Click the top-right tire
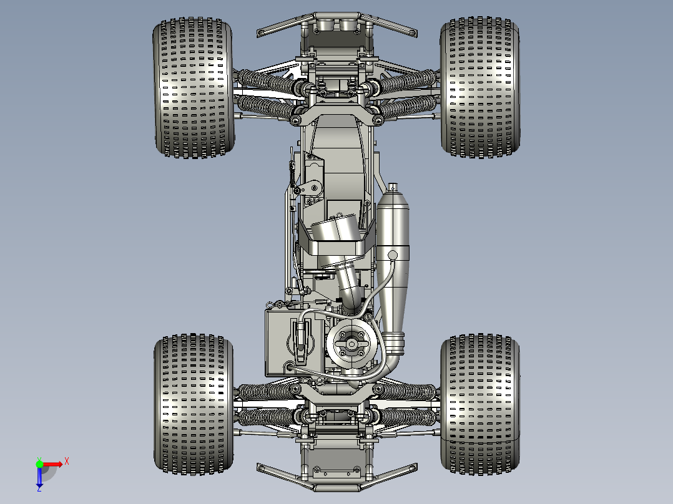coord(480,87)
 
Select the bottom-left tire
coord(194,404)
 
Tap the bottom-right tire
coord(480,404)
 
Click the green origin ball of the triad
coord(39,464)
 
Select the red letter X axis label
coord(67,462)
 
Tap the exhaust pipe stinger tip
coord(392,187)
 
